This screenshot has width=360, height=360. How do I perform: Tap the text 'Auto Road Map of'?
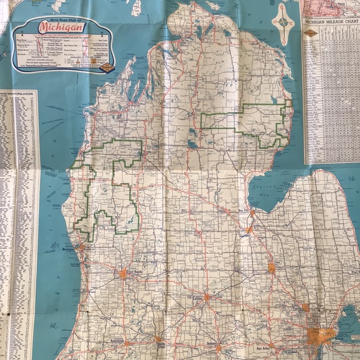tap(61, 20)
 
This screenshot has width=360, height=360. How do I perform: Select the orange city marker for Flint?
tap(271, 268)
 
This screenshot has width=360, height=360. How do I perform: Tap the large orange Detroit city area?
tap(320, 336)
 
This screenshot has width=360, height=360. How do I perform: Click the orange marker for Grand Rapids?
tap(123, 272)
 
